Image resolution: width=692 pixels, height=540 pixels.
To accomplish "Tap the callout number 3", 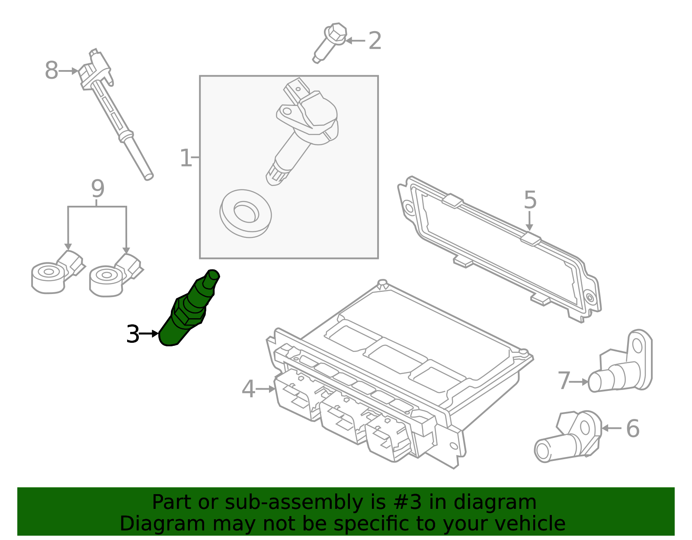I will pyautogui.click(x=133, y=334).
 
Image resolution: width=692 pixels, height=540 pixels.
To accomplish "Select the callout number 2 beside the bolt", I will pyautogui.click(x=375, y=41).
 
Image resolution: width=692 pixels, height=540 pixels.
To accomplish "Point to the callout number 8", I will pyautogui.click(x=51, y=70).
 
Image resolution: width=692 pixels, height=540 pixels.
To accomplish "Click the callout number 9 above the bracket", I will pyautogui.click(x=98, y=189).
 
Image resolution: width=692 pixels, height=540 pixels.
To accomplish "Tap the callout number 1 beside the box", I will pyautogui.click(x=186, y=158).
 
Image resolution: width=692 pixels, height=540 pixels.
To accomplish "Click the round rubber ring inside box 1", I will pyautogui.click(x=245, y=213).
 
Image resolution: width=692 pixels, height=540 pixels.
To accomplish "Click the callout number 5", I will pyautogui.click(x=530, y=200).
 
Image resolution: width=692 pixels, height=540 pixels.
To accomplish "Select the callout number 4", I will pyautogui.click(x=248, y=389).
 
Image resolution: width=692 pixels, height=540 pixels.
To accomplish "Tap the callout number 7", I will pyautogui.click(x=564, y=381).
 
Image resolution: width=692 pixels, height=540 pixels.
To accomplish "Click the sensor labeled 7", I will pyautogui.click(x=623, y=367).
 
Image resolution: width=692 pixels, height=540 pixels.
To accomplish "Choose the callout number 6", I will pyautogui.click(x=632, y=428).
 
